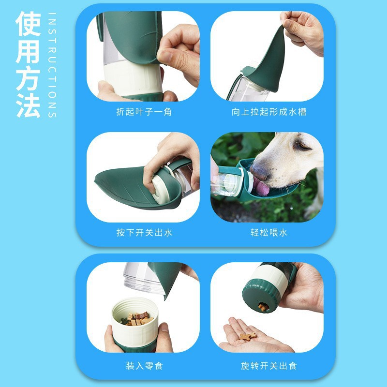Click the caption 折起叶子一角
click(144, 112)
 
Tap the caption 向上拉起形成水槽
click(268, 112)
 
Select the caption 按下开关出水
click(144, 233)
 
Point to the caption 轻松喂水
click(268, 233)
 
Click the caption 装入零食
click(144, 366)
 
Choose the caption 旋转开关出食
click(268, 366)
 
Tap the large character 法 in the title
click(28, 104)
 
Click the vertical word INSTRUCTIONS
click(52, 65)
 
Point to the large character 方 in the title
click(28, 77)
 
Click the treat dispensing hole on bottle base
click(263, 306)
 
